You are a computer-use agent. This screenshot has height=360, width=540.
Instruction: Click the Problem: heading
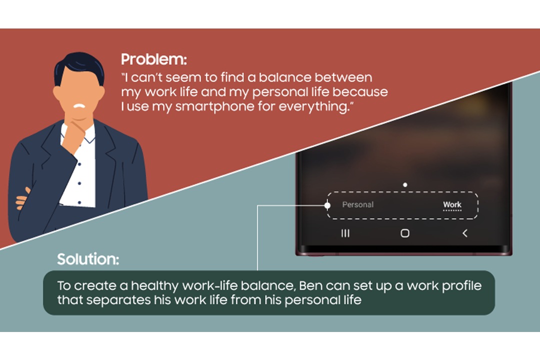pyautogui.click(x=154, y=59)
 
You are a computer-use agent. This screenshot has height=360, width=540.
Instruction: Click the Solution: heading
pyautogui.click(x=88, y=259)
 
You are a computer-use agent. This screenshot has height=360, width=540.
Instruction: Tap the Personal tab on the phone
pyautogui.click(x=357, y=204)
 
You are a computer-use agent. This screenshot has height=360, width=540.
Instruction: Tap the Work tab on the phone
pyautogui.click(x=452, y=204)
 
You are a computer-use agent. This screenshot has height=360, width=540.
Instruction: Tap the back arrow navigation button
pyautogui.click(x=464, y=233)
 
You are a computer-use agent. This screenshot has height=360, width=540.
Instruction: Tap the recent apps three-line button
pyautogui.click(x=345, y=233)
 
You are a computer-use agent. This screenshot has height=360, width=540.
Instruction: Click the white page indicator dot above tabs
pyautogui.click(x=405, y=185)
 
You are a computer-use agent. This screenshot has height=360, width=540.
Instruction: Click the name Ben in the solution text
pyautogui.click(x=309, y=286)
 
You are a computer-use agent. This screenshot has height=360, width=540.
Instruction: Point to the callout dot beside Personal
pyautogui.click(x=327, y=205)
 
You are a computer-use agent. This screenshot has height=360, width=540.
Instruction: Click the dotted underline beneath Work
pyautogui.click(x=452, y=211)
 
